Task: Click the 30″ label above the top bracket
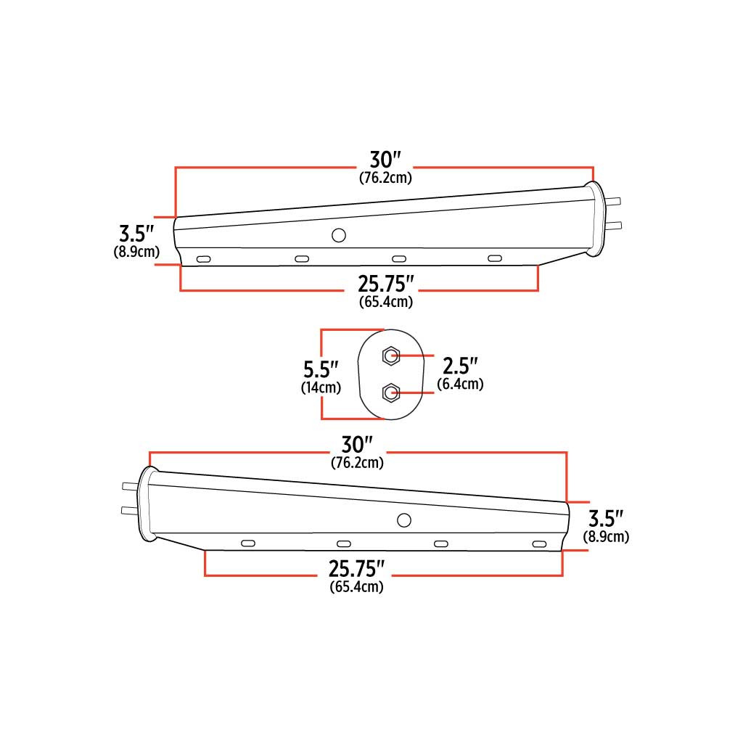click(385, 160)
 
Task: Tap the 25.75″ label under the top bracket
click(385, 284)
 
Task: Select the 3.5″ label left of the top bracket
click(136, 234)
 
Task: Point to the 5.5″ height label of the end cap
click(321, 368)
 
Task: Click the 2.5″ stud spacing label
click(461, 364)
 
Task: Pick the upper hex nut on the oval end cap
click(391, 356)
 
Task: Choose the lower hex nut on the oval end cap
click(390, 393)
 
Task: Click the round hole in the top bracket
click(338, 235)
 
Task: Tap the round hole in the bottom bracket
click(404, 520)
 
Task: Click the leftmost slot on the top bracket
click(205, 258)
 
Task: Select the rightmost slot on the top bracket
click(495, 259)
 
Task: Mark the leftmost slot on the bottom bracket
click(248, 543)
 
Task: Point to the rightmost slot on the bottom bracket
click(538, 544)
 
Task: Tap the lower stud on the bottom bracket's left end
click(129, 510)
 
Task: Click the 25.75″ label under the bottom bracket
click(357, 569)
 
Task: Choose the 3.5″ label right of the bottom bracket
click(606, 519)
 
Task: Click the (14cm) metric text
click(321, 387)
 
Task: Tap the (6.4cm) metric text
click(461, 384)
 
